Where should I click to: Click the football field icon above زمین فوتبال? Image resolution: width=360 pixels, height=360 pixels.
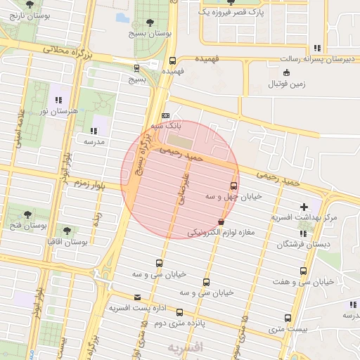click(x=285, y=73)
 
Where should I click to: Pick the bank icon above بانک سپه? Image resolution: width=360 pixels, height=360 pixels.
click(x=166, y=115)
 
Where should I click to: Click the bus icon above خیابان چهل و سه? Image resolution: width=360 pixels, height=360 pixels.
click(x=233, y=186)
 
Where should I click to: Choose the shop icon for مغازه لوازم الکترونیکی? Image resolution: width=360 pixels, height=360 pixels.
click(x=221, y=222)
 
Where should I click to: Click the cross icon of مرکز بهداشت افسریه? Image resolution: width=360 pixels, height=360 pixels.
click(x=304, y=207)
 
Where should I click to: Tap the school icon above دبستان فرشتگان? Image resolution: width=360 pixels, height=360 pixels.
click(x=303, y=233)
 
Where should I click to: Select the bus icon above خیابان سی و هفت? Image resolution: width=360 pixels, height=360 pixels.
click(x=304, y=271)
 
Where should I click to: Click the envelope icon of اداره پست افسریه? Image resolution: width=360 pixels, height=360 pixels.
click(x=136, y=298)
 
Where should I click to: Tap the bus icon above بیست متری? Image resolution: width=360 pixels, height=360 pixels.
click(x=288, y=318)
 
